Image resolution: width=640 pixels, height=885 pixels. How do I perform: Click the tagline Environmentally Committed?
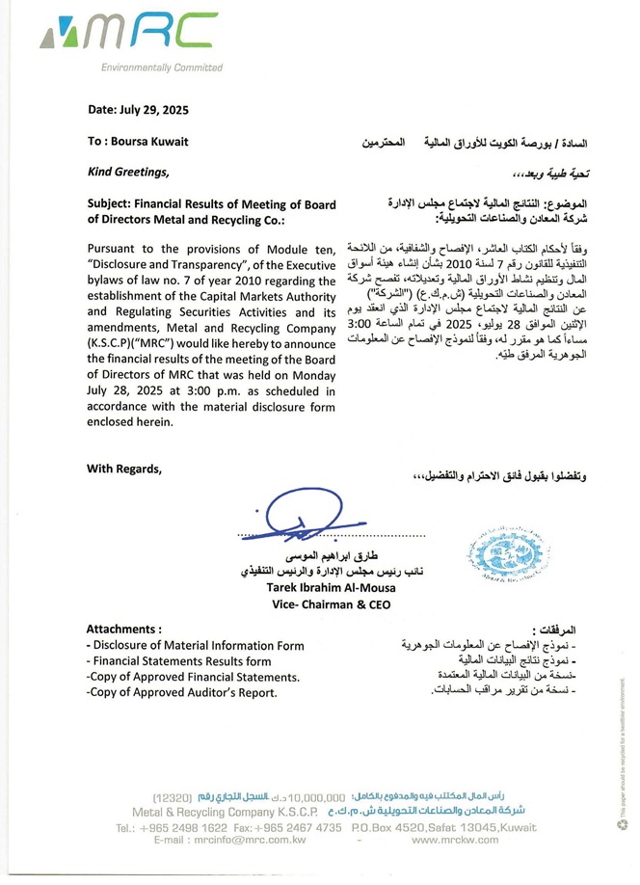pos(161,68)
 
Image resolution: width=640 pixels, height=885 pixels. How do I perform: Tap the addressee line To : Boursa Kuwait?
pos(138,141)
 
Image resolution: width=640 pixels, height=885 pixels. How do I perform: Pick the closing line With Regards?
pos(124,469)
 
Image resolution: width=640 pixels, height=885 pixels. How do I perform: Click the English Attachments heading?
pos(124,628)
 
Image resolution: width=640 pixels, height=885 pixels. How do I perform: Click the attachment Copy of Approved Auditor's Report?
pos(181,692)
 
